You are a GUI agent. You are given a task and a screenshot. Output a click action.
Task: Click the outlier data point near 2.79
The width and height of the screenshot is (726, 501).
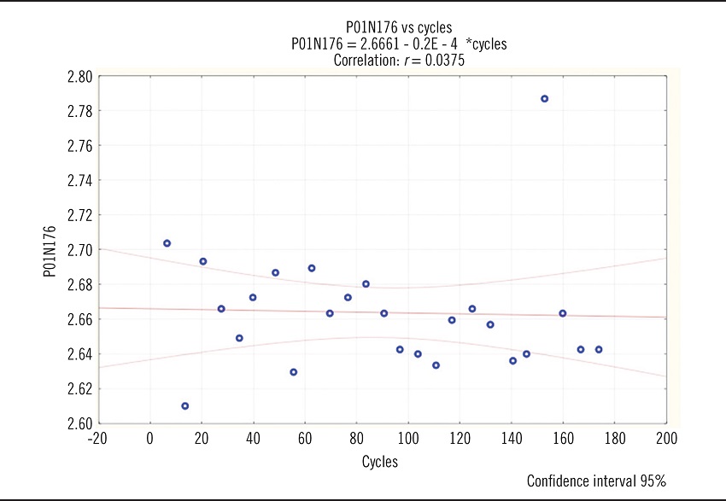(544, 99)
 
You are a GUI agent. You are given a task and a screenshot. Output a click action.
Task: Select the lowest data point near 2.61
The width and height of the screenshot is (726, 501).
(184, 406)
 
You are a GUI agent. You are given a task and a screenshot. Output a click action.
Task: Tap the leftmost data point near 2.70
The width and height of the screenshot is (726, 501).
(167, 243)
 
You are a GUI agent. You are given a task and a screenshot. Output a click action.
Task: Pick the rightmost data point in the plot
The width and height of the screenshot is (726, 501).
(599, 349)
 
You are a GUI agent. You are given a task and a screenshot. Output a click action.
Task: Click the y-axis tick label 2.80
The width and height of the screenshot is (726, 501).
(79, 77)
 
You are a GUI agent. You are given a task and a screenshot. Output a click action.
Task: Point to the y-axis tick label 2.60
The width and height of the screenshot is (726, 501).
(79, 423)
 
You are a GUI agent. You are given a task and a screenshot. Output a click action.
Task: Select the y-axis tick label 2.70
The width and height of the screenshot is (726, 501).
(79, 250)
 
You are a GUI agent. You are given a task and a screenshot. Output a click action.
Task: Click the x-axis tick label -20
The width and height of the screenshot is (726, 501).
(98, 439)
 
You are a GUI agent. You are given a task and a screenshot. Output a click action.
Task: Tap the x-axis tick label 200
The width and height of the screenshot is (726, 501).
(666, 439)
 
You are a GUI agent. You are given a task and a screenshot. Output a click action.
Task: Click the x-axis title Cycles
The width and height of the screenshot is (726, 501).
(380, 462)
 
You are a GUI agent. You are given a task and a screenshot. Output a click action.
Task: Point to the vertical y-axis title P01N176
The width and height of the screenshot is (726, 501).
(50, 252)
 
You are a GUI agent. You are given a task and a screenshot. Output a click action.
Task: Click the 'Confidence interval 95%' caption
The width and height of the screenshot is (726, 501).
(596, 481)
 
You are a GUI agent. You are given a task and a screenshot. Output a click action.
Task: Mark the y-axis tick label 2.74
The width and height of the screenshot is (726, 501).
(79, 181)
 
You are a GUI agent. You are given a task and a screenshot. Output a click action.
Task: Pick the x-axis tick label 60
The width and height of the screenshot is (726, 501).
(305, 439)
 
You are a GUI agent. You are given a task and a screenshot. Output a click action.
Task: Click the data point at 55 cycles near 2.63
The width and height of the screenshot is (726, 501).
(293, 372)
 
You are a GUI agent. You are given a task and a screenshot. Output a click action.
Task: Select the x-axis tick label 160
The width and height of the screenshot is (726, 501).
(563, 439)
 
